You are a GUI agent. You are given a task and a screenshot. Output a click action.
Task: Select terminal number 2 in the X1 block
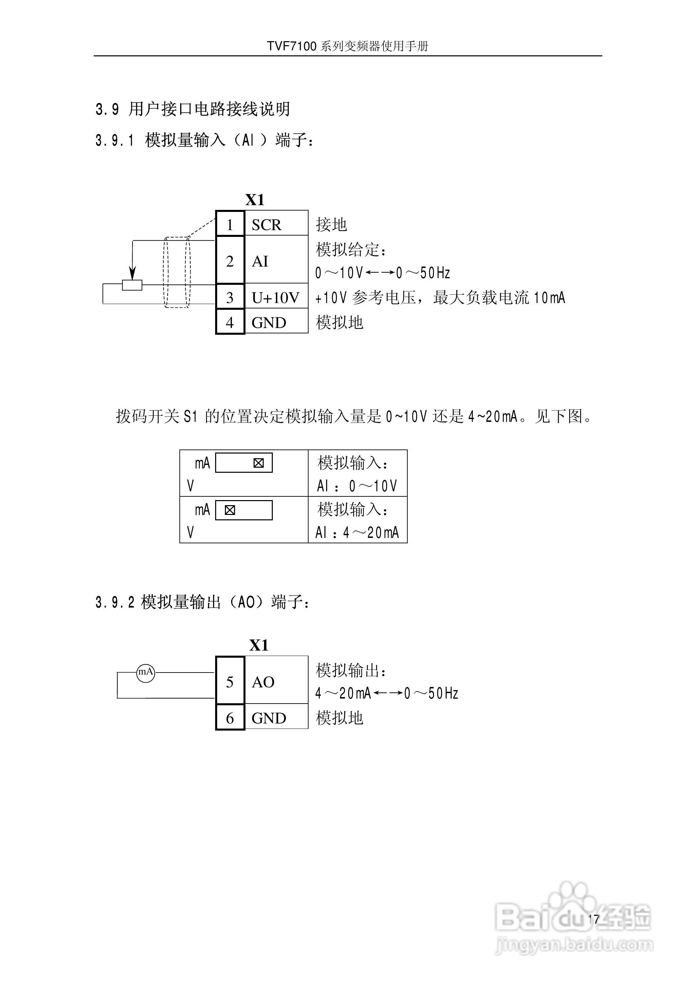coord(230,261)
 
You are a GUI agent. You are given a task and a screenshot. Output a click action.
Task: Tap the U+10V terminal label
coord(275,298)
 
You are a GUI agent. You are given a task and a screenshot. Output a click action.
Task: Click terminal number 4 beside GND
coord(230,322)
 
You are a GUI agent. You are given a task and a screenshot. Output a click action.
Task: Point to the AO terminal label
coord(263,682)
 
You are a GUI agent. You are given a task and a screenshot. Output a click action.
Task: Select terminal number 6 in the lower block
coord(230,718)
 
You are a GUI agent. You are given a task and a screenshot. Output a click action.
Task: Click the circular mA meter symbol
coord(145,672)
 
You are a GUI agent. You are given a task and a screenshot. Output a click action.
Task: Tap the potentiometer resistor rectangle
coord(132,285)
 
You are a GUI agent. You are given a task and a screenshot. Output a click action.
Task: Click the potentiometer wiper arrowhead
coord(133,274)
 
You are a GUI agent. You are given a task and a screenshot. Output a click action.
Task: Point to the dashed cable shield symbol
coord(177,272)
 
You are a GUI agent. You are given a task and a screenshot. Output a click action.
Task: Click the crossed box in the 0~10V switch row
coord(258,463)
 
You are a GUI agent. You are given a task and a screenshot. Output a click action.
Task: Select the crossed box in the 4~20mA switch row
coord(230,510)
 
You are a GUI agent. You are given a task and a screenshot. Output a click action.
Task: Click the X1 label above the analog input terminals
coord(255,200)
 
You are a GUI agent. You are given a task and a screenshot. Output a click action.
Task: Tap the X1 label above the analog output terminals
coord(259,645)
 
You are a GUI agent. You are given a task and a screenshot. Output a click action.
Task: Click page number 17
coord(593,919)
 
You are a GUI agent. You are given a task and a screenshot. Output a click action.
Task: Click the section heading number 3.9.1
coord(114,140)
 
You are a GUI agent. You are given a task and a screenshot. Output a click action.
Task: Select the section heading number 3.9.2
coord(114,602)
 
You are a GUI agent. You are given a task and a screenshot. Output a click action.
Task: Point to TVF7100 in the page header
coord(291,46)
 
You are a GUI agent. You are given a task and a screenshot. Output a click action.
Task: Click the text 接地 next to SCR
coord(331,224)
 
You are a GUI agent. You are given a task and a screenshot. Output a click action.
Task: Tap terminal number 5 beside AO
coord(230,682)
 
